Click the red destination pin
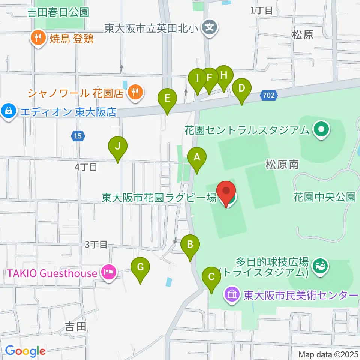pos(226,192)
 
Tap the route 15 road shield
pos(77,136)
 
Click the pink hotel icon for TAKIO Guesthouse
pos(109,273)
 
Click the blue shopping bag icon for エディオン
pos(8,111)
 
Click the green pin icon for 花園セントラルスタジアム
pos(321,130)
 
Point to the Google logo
pos(25,351)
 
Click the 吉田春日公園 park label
pos(58,12)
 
